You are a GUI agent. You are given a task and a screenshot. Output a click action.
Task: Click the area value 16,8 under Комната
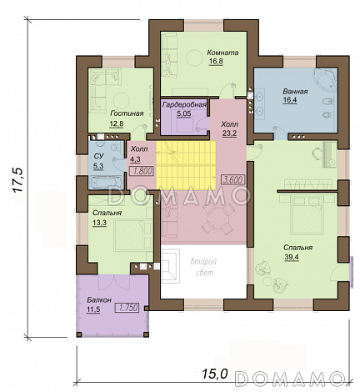pos(216,62)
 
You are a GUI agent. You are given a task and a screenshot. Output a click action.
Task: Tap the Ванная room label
pos(295,91)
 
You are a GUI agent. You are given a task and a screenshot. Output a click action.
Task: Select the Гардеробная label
pos(184,104)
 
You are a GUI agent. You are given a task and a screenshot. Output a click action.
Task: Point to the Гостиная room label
pos(127,113)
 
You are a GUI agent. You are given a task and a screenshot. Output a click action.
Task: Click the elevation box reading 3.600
pos(233,179)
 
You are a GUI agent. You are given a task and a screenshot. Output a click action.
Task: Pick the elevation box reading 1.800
pos(142,171)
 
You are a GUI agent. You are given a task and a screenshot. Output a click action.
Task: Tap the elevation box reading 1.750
pos(127,308)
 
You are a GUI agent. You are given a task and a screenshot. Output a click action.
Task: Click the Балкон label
pos(99,299)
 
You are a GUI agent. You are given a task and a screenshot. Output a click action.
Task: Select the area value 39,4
pos(292,257)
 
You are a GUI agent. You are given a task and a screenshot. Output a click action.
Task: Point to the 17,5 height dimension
pos(17,180)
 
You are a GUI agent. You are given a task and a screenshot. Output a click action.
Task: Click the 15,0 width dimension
pos(214,374)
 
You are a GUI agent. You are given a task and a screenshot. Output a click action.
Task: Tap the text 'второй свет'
pos(203,267)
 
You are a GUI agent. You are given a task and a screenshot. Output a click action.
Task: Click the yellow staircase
pos(186,165)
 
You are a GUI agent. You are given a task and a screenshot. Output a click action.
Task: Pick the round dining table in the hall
pos(219,219)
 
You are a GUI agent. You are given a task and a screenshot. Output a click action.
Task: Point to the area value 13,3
pos(100,223)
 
